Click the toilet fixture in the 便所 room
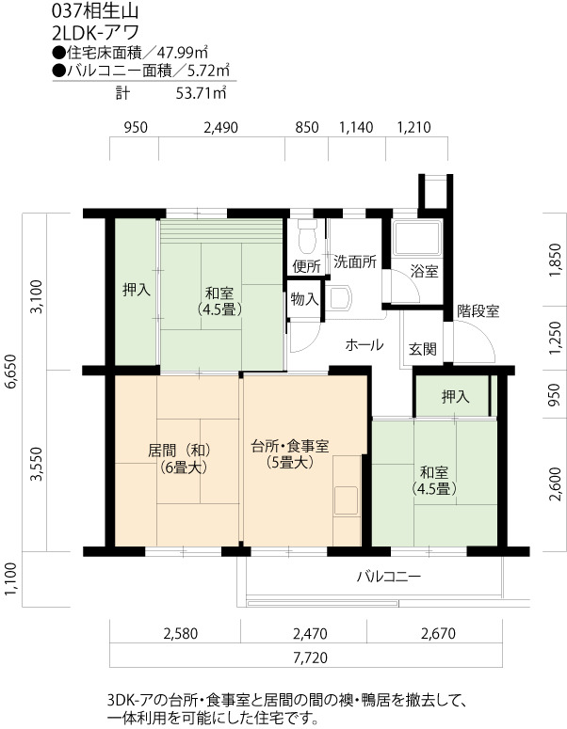307,237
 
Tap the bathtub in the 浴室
416,239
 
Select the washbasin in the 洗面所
337,297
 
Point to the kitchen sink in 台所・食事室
347,500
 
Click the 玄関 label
423,349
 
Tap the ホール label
364,344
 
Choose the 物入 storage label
304,299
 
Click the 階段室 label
478,311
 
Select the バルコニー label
389,577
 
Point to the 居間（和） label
179,450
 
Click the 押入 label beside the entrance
455,397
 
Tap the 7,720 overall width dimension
311,658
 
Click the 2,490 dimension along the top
220,127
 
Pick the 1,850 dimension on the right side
555,261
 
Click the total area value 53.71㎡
201,93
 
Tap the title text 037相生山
95,10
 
